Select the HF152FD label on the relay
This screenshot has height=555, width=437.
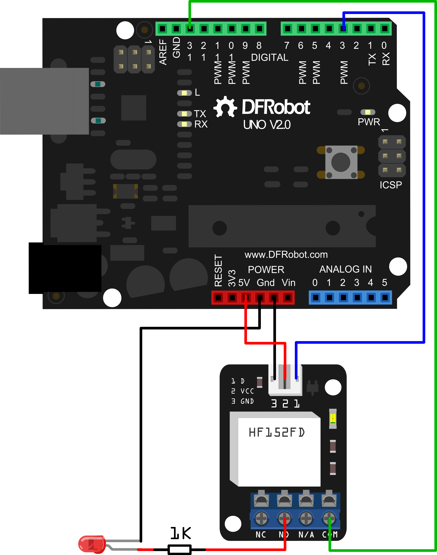277,432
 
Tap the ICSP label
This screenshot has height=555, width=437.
391,185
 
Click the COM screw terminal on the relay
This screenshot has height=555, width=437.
329,518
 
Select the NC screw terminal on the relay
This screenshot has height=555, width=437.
261,518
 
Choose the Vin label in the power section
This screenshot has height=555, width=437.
288,283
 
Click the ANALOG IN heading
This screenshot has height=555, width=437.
345,269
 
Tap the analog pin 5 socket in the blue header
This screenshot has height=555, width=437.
385,297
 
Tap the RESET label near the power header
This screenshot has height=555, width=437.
218,270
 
